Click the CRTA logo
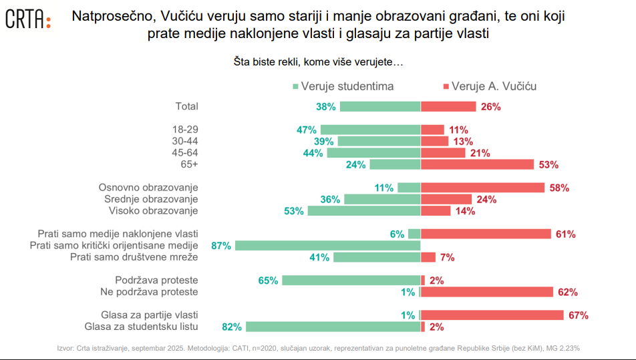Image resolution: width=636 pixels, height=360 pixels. (x=27, y=19)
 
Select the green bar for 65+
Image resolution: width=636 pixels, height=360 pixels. (x=395, y=164)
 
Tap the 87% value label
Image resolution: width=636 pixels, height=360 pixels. (x=221, y=246)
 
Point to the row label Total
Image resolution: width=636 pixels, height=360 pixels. (x=186, y=106)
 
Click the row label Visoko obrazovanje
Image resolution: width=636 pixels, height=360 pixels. (x=154, y=211)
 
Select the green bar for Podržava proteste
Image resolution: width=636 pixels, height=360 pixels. (x=351, y=281)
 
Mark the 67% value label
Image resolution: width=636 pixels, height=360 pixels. (x=578, y=315)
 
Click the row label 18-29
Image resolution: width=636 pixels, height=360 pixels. (x=185, y=130)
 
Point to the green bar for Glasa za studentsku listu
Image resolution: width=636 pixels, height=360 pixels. (x=333, y=327)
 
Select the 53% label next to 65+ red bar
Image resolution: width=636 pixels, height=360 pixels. (x=548, y=164)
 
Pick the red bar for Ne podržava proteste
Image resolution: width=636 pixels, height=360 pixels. (x=487, y=292)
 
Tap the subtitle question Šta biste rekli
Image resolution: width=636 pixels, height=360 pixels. (x=318, y=62)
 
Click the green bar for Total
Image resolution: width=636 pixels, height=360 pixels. (x=380, y=106)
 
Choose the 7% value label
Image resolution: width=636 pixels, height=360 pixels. (x=447, y=257)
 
